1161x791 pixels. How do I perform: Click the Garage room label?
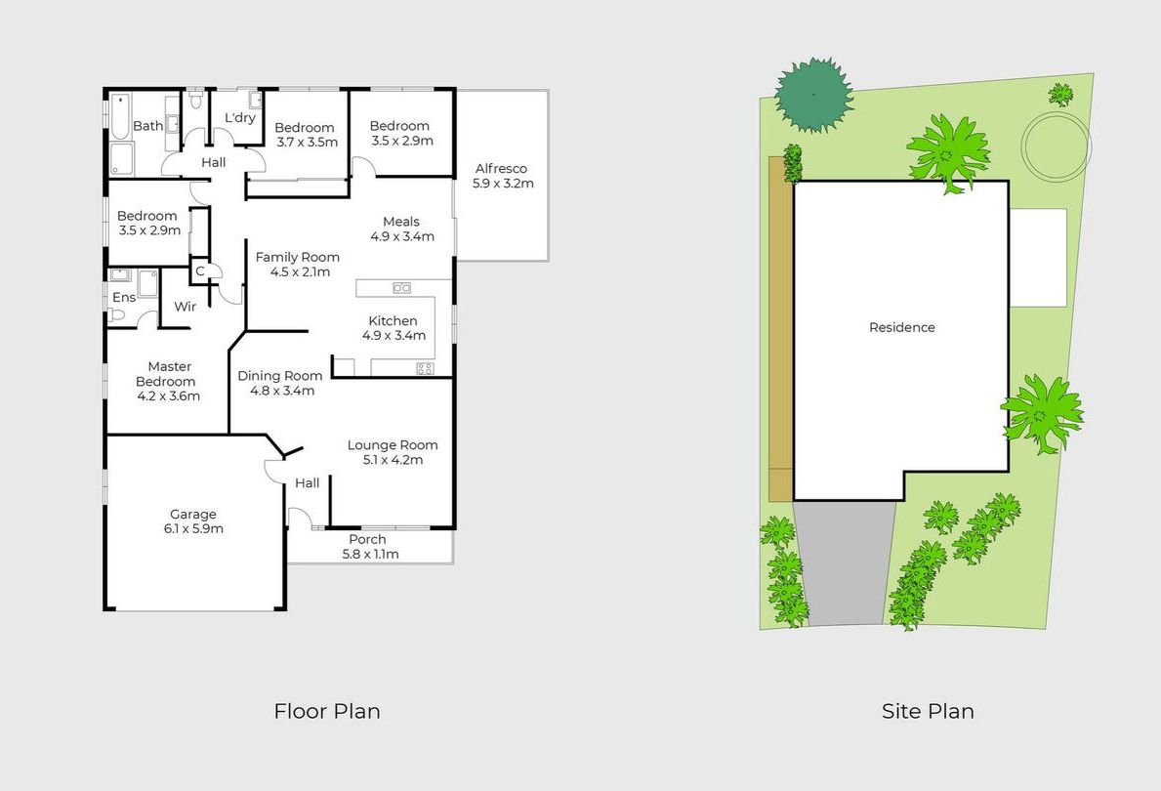193,520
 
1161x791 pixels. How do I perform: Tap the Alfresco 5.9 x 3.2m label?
503,176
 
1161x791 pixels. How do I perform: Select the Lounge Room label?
393,452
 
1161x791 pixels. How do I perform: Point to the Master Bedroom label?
169,381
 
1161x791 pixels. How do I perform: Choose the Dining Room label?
280,383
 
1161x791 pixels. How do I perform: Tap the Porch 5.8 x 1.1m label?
369,547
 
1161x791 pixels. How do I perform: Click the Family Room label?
298,264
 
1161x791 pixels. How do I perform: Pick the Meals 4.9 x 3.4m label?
402,229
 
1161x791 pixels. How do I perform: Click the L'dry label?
240,117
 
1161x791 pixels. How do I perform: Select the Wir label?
186,306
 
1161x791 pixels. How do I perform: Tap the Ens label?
124,297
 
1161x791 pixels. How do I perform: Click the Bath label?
148,126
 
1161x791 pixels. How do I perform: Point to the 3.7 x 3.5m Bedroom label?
307,135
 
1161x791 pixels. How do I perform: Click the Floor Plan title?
327,711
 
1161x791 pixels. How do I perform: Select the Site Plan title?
928,711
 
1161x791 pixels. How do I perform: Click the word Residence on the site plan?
902,326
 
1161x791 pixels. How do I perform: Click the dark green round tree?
813,95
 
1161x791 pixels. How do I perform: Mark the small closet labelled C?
200,271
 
